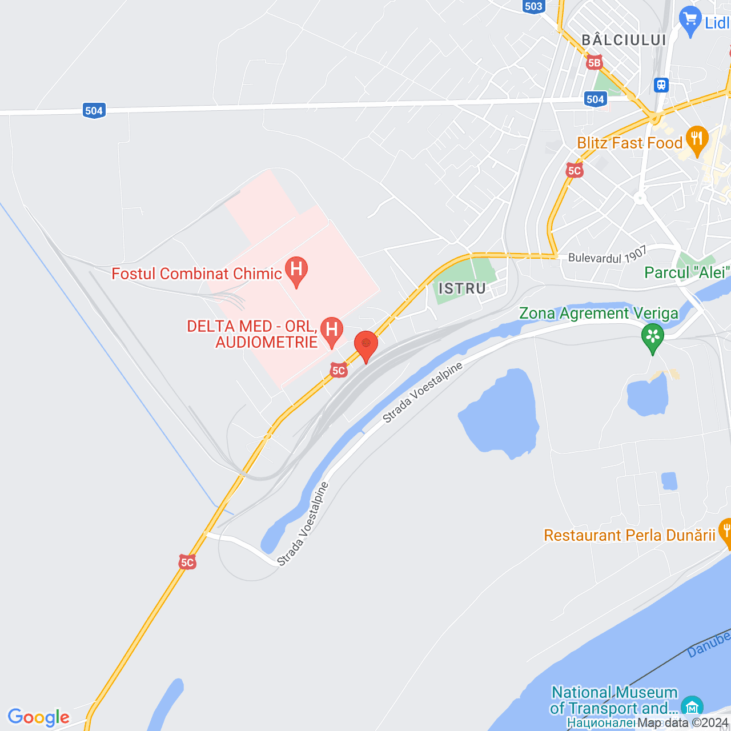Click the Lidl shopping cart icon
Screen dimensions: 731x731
[690, 21]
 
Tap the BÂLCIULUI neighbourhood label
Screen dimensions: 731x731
[624, 40]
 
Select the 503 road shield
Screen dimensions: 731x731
[533, 6]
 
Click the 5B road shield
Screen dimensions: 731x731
[594, 62]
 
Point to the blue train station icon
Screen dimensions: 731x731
[661, 85]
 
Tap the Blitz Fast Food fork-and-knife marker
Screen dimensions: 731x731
[696, 140]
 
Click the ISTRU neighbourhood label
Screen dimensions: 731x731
[462, 288]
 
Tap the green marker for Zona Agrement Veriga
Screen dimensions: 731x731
[652, 337]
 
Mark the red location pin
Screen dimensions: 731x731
[366, 345]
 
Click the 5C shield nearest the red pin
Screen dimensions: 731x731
[339, 371]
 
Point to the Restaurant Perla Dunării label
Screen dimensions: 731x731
[629, 535]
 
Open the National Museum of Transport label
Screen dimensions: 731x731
[614, 700]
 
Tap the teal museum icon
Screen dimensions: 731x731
[692, 707]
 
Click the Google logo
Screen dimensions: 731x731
[39, 717]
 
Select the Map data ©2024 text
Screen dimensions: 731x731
[683, 722]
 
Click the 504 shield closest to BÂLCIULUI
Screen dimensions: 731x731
[595, 99]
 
